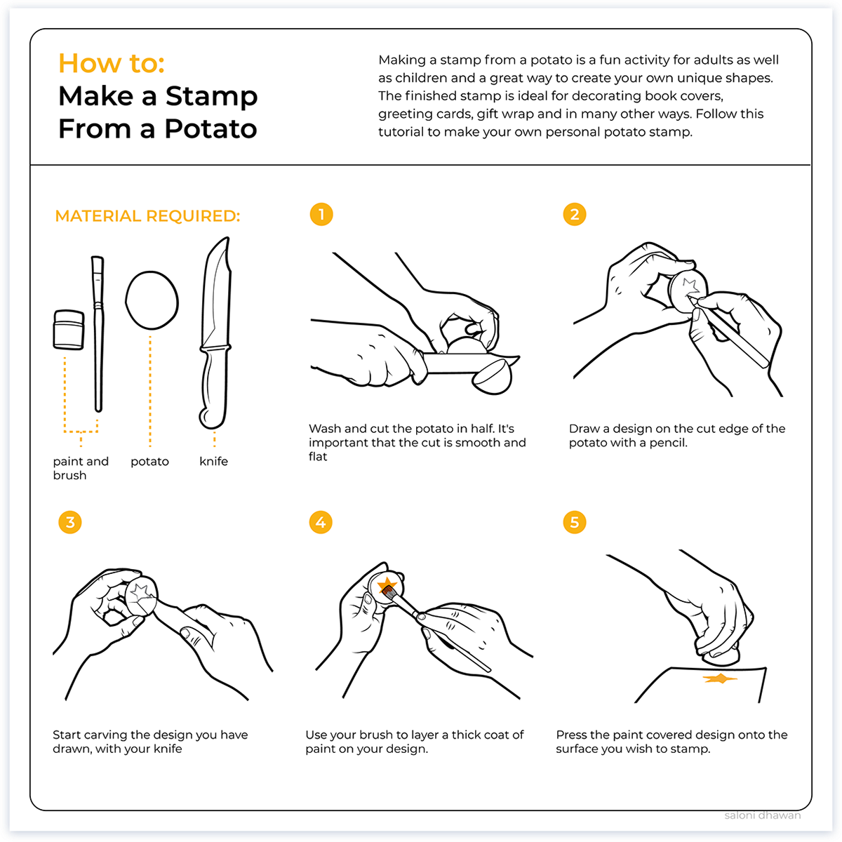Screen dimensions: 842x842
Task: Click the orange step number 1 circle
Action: tap(321, 215)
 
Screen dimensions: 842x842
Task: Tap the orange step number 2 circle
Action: tap(574, 215)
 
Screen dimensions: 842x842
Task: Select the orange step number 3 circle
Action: tap(70, 522)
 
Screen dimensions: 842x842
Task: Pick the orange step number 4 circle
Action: tap(321, 522)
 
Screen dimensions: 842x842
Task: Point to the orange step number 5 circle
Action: tap(574, 522)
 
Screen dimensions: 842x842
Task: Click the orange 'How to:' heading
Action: tap(112, 63)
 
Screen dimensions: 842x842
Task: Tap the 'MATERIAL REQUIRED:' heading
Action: tap(147, 216)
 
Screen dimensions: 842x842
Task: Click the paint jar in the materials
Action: tap(69, 330)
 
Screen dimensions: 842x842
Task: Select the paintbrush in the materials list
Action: tap(98, 334)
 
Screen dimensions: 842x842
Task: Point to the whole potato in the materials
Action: tap(152, 300)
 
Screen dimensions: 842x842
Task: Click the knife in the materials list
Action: tap(215, 333)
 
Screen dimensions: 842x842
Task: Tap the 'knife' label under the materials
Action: tap(214, 462)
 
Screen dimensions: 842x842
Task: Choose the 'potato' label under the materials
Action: tap(149, 462)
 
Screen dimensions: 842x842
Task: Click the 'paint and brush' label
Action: tap(81, 469)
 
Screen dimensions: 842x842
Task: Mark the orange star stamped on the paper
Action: tap(720, 679)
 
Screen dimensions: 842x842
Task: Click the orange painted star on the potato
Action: tap(387, 584)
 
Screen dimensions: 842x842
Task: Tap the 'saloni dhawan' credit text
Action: tap(763, 815)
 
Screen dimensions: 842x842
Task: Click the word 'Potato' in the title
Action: tap(210, 129)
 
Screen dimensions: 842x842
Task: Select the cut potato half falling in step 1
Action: tap(493, 377)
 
